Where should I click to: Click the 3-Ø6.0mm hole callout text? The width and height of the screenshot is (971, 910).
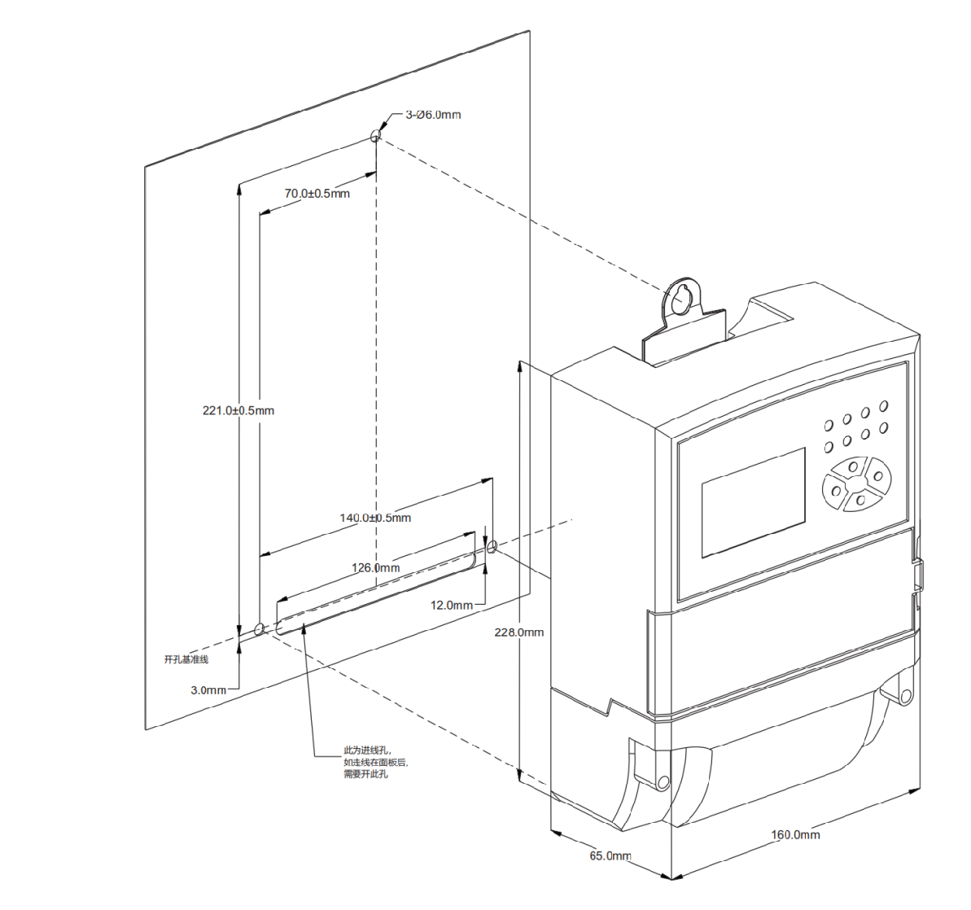pyautogui.click(x=433, y=115)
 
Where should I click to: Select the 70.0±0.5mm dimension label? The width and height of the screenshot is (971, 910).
pyautogui.click(x=317, y=194)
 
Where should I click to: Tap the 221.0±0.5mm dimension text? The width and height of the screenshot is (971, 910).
pyautogui.click(x=238, y=411)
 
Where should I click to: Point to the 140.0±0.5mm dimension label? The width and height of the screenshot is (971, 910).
pyautogui.click(x=375, y=518)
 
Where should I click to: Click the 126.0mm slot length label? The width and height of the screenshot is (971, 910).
pyautogui.click(x=376, y=568)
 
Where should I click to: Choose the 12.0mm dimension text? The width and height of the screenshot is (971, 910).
pyautogui.click(x=452, y=606)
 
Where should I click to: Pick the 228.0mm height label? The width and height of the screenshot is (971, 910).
pyautogui.click(x=519, y=632)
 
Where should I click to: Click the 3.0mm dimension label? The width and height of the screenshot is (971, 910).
pyautogui.click(x=208, y=690)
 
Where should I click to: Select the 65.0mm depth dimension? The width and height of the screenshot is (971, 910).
pyautogui.click(x=610, y=855)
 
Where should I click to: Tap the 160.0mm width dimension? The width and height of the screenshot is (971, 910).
pyautogui.click(x=795, y=835)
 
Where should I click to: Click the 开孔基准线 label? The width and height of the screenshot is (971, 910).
pyautogui.click(x=186, y=660)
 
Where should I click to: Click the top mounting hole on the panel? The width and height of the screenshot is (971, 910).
pyautogui.click(x=375, y=136)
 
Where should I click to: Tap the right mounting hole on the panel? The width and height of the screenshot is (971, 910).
pyautogui.click(x=492, y=546)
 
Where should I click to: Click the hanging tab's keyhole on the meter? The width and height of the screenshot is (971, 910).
pyautogui.click(x=680, y=298)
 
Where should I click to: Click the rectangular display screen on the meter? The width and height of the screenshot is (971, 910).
pyautogui.click(x=753, y=502)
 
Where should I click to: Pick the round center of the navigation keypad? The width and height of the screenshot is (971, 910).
pyautogui.click(x=856, y=483)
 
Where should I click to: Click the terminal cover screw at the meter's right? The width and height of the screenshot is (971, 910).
pyautogui.click(x=906, y=696)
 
